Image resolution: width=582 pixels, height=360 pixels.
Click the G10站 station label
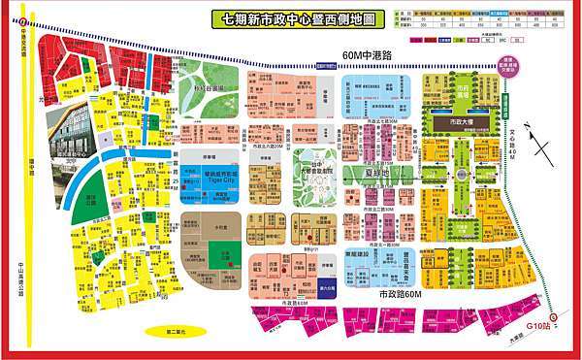(537, 326)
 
